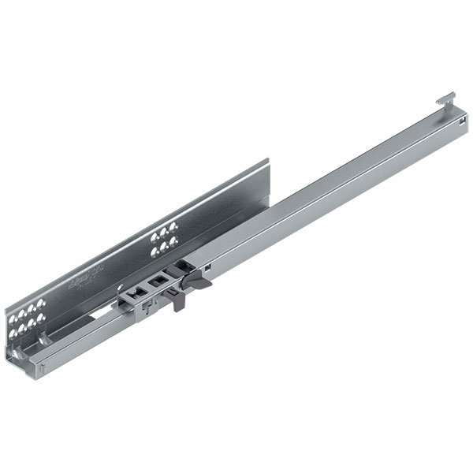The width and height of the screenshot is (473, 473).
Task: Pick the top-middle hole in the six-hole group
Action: [x=164, y=234]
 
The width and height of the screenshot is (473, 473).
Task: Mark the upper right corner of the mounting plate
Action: [x=268, y=161]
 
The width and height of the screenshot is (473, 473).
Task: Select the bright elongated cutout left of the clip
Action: [x=100, y=312]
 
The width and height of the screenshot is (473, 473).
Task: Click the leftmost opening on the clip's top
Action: [x=136, y=292]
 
